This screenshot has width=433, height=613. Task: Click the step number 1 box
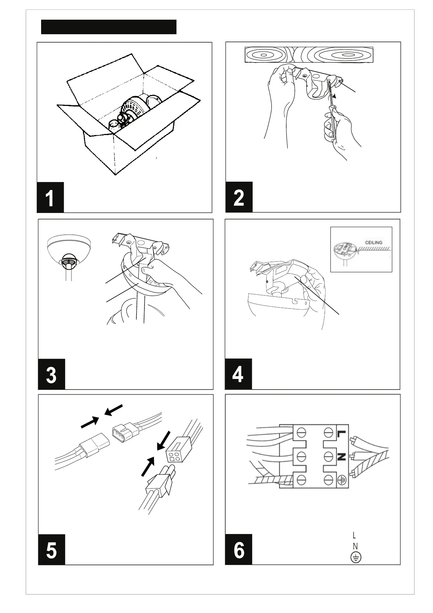pyautogui.click(x=50, y=197)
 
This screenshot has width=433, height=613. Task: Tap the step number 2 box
pyautogui.click(x=239, y=197)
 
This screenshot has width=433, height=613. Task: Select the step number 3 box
pyautogui.click(x=52, y=374)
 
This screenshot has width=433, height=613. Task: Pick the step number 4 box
pyautogui.click(x=238, y=374)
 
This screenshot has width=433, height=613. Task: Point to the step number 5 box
pyautogui.click(x=52, y=550)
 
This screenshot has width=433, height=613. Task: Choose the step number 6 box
pyautogui.click(x=239, y=550)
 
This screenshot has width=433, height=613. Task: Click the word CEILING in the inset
pyautogui.click(x=373, y=242)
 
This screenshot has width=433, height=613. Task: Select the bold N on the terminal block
pyautogui.click(x=341, y=456)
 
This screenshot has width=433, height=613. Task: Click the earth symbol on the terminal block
pyautogui.click(x=341, y=479)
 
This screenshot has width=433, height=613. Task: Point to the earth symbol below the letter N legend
pyautogui.click(x=356, y=558)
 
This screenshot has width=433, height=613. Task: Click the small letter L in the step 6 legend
pyautogui.click(x=354, y=535)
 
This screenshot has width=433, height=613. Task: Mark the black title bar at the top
pyautogui.click(x=108, y=27)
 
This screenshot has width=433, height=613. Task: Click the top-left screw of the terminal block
pyautogui.click(x=301, y=433)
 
